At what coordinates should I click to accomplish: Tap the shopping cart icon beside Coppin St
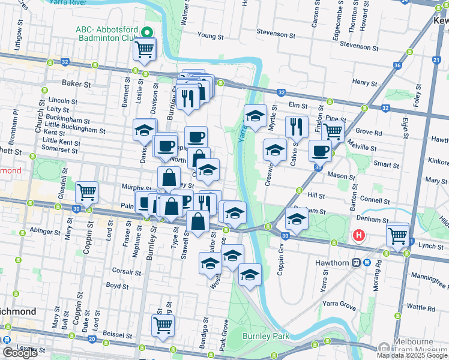click(x=87, y=193)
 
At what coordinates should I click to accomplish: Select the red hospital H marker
click(x=360, y=234)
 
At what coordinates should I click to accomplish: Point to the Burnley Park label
click(x=267, y=335)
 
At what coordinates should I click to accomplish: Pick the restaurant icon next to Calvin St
click(x=296, y=127)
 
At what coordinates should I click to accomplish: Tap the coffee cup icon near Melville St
click(x=320, y=151)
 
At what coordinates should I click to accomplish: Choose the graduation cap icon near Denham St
click(x=296, y=219)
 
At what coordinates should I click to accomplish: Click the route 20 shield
click(x=91, y=339)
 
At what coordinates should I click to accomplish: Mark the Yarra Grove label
click(x=339, y=304)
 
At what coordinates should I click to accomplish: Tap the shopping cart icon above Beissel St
click(x=163, y=325)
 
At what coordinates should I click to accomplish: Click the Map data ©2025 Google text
click(x=412, y=355)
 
